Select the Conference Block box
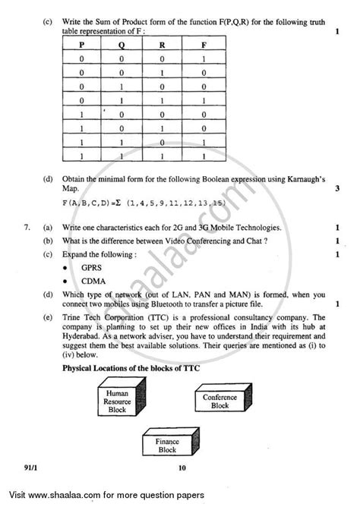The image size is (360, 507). tap(220, 400)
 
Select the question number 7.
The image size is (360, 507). tap(27, 228)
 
